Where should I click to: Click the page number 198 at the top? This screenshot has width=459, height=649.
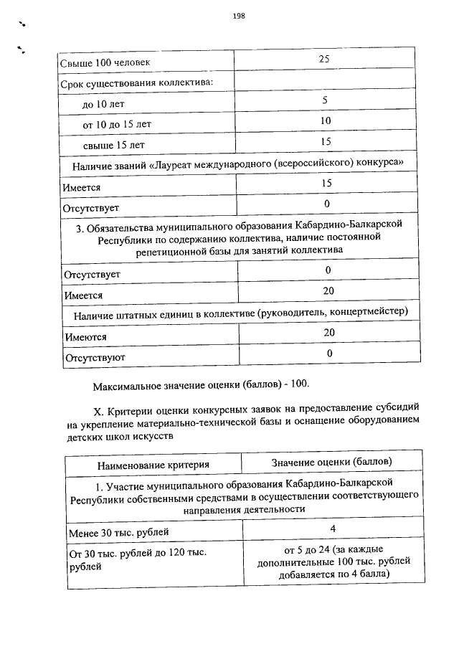(239, 16)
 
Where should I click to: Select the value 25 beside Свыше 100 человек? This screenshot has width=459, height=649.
(324, 59)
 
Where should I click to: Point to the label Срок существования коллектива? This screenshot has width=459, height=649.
(137, 83)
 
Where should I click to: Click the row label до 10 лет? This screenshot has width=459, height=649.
(103, 104)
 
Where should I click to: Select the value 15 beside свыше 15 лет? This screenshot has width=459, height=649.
(325, 141)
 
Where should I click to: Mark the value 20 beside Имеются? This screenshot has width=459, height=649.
(328, 332)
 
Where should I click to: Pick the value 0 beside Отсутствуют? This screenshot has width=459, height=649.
(328, 353)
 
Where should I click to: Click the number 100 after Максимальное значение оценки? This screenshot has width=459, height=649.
(300, 384)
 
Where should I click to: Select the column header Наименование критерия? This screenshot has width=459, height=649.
(153, 465)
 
